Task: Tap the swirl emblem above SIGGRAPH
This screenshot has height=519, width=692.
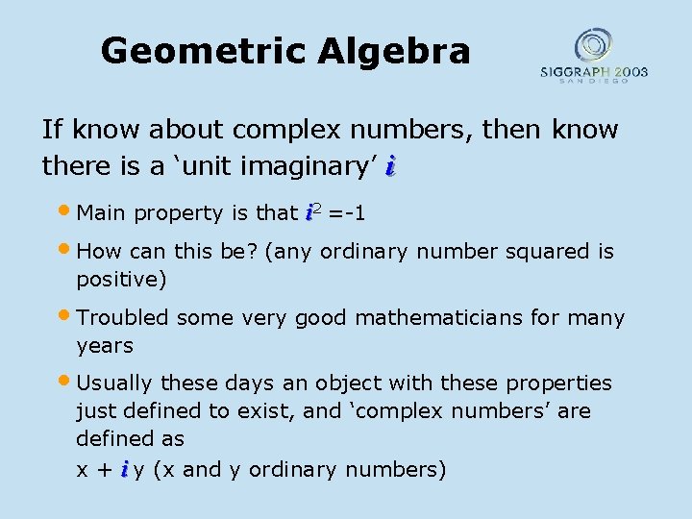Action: (592, 45)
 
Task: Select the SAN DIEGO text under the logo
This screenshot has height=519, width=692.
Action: (593, 81)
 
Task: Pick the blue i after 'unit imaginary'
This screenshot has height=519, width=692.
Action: (389, 166)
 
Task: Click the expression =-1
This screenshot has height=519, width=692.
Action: (346, 213)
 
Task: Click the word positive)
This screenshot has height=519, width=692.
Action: (121, 280)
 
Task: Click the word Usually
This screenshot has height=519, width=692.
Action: (115, 383)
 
